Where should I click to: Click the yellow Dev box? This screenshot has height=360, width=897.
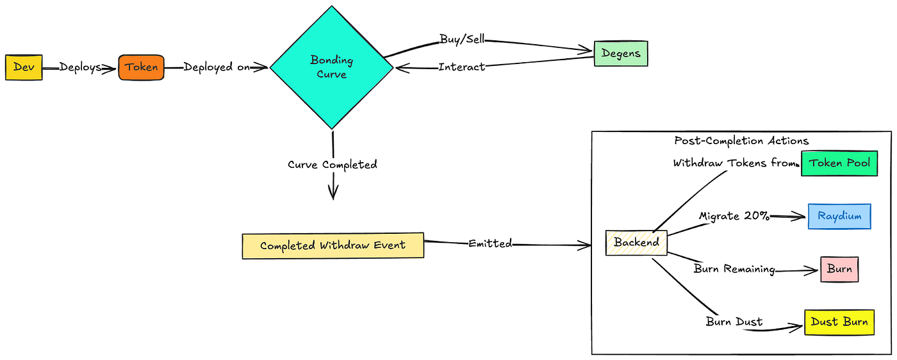pyautogui.click(x=24, y=67)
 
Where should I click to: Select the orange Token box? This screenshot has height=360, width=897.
pyautogui.click(x=141, y=67)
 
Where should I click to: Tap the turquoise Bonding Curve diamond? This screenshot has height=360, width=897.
pyautogui.click(x=331, y=67)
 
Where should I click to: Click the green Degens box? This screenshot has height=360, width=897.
pyautogui.click(x=620, y=54)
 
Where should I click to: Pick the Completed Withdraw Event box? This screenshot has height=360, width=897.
pyautogui.click(x=333, y=246)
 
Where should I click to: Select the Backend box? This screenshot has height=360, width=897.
pyautogui.click(x=636, y=243)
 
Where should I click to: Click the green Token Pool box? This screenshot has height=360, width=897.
pyautogui.click(x=839, y=163)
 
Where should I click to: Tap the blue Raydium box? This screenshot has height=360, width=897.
pyautogui.click(x=839, y=217)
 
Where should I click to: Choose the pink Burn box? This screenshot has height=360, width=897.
pyautogui.click(x=839, y=269)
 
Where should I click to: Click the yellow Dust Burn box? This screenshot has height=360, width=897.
pyautogui.click(x=839, y=322)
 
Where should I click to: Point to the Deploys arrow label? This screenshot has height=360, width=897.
pyautogui.click(x=80, y=67)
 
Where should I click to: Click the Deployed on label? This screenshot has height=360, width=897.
pyautogui.click(x=217, y=67)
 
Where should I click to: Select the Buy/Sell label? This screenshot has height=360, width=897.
pyautogui.click(x=462, y=39)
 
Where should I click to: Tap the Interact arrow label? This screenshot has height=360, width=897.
pyautogui.click(x=461, y=67)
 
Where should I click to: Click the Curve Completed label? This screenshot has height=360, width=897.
pyautogui.click(x=333, y=165)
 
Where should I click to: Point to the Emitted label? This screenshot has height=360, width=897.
pyautogui.click(x=490, y=243)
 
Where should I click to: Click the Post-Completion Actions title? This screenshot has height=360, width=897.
pyautogui.click(x=741, y=141)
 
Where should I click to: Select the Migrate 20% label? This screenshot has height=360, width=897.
pyautogui.click(x=734, y=216)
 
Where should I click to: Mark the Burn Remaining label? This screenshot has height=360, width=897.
pyautogui.click(x=734, y=269)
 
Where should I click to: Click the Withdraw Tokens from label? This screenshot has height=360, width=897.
pyautogui.click(x=734, y=163)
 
